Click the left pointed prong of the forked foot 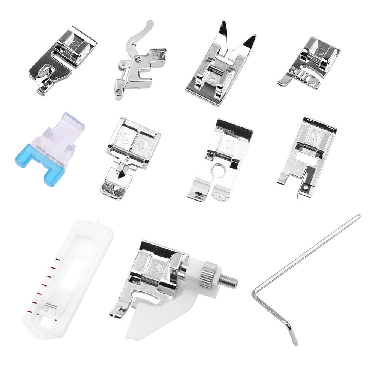223,29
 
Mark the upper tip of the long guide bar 358,216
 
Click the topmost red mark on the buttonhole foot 58,259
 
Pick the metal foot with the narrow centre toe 130,157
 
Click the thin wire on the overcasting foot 300,193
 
